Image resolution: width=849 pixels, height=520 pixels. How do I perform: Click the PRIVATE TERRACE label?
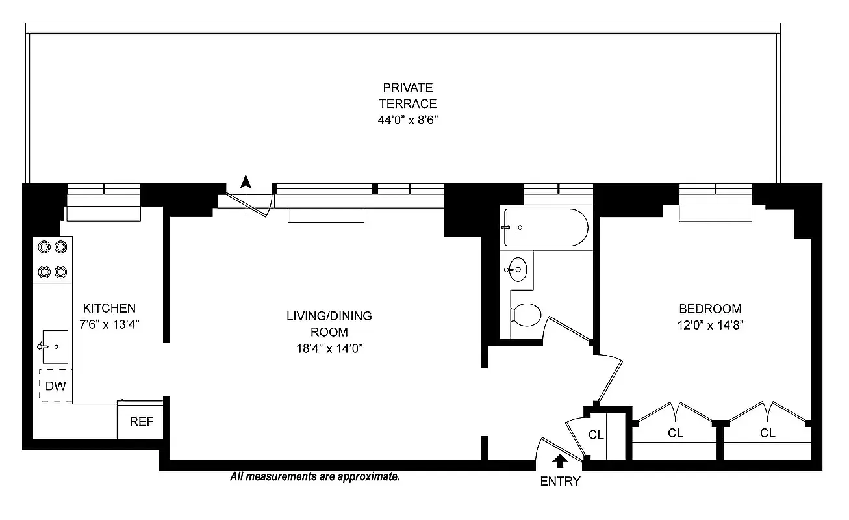[408, 96]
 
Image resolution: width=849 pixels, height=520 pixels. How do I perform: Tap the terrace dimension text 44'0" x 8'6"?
[408, 120]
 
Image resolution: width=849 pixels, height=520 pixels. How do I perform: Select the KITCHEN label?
[109, 309]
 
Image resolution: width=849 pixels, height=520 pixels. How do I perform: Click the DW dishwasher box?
[55, 385]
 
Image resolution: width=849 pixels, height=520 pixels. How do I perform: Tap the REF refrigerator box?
[141, 422]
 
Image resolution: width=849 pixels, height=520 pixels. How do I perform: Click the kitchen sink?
[53, 346]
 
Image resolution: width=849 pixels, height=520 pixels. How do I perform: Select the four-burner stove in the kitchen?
[53, 259]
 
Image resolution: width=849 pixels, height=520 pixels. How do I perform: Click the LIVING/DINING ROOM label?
[329, 324]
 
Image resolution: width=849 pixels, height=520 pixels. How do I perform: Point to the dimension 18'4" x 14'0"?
[329, 349]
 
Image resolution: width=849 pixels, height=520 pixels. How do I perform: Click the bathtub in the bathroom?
[546, 227]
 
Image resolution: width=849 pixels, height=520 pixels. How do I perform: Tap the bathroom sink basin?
[518, 269]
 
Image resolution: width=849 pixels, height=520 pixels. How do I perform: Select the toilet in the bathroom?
[526, 315]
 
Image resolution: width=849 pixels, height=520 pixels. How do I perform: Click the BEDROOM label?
[710, 309]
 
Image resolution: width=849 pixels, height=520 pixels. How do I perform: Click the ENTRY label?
[560, 482]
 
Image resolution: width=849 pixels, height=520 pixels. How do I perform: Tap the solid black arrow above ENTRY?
[560, 461]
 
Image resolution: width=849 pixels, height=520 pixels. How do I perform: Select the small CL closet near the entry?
[596, 435]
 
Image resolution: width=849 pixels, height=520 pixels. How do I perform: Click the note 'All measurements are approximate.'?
[315, 477]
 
